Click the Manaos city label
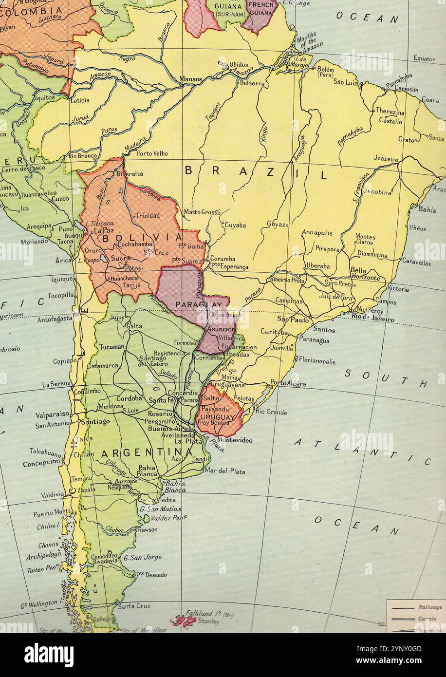coord(190,79)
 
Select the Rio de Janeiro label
coord(373,320)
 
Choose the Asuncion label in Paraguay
coord(221,329)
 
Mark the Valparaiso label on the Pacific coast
coord(52,414)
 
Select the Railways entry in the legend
coord(430,607)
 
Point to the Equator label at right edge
coord(424,58)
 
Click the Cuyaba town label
coord(235,225)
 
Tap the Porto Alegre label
coord(288,383)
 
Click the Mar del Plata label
coord(225,471)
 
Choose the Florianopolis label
coord(316,361)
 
